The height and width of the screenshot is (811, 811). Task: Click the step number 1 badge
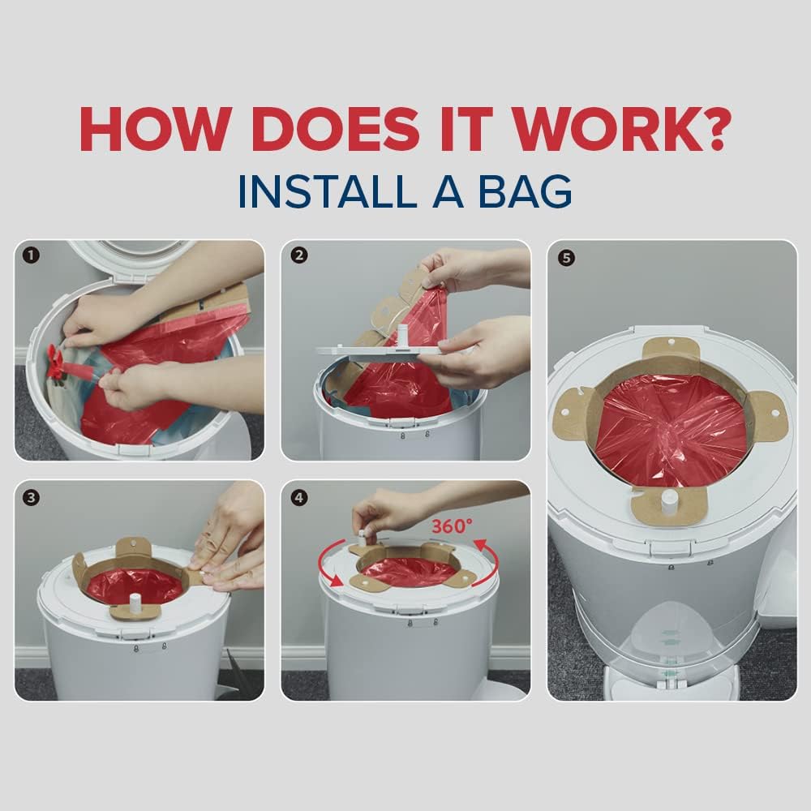point(31,256)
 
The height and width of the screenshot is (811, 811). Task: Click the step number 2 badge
point(299,256)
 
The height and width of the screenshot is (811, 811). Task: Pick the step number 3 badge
point(31,497)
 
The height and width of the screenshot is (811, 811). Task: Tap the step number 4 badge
point(299,497)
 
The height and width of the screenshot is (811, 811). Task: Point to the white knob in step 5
point(670,499)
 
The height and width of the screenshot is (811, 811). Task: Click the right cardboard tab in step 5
point(767,415)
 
